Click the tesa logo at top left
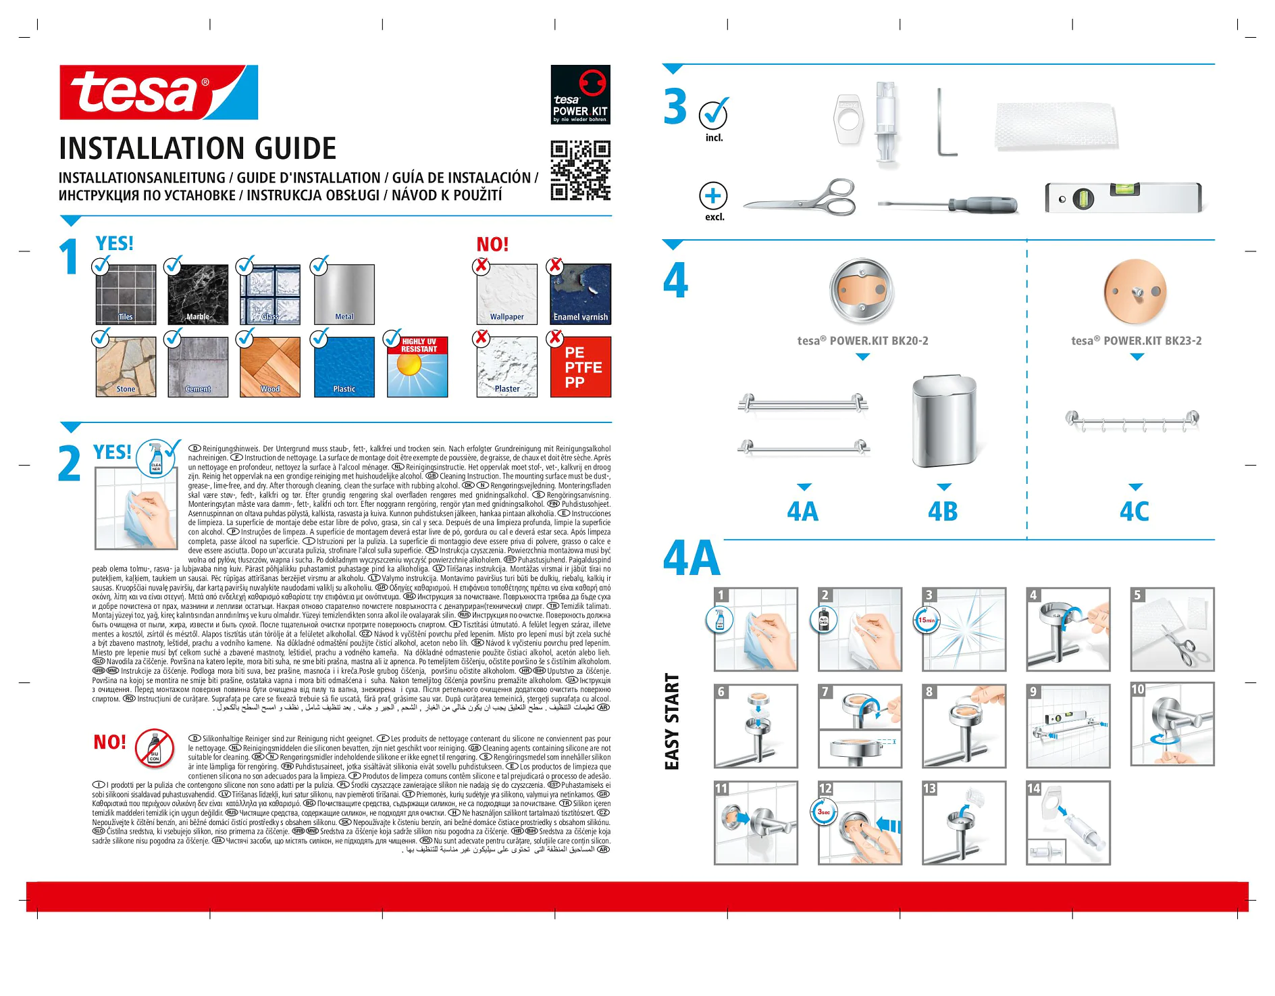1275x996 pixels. coord(158,93)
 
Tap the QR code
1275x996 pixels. coord(580,171)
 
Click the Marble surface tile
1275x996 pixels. coord(198,294)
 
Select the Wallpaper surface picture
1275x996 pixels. coord(506,294)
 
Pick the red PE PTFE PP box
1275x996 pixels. coord(581,367)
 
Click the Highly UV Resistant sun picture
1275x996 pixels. coord(417,367)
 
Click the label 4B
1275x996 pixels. coord(943,512)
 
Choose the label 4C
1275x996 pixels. coord(1135,512)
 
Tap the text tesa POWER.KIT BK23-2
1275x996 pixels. coord(1137,341)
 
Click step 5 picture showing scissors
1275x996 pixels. coord(1172,629)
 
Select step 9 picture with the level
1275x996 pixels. coord(1068,726)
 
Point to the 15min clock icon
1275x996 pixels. coord(927,620)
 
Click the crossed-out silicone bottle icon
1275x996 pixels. coord(155,749)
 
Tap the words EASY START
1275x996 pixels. coord(672,722)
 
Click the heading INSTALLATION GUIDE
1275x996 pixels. coord(198,149)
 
